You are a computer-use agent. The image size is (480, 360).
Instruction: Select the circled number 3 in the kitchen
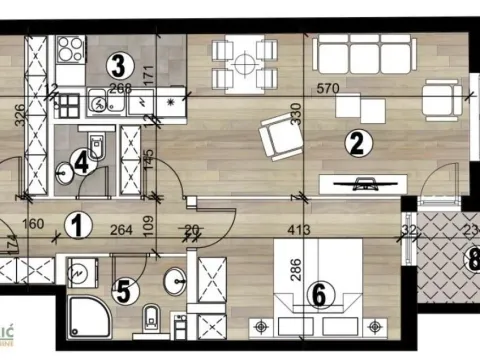[x=118, y=67]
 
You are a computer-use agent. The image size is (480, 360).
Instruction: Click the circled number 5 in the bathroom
[x=122, y=293]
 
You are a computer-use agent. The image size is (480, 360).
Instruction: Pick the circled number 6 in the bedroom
[x=318, y=295]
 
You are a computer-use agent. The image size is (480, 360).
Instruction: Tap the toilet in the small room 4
[x=94, y=147]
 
